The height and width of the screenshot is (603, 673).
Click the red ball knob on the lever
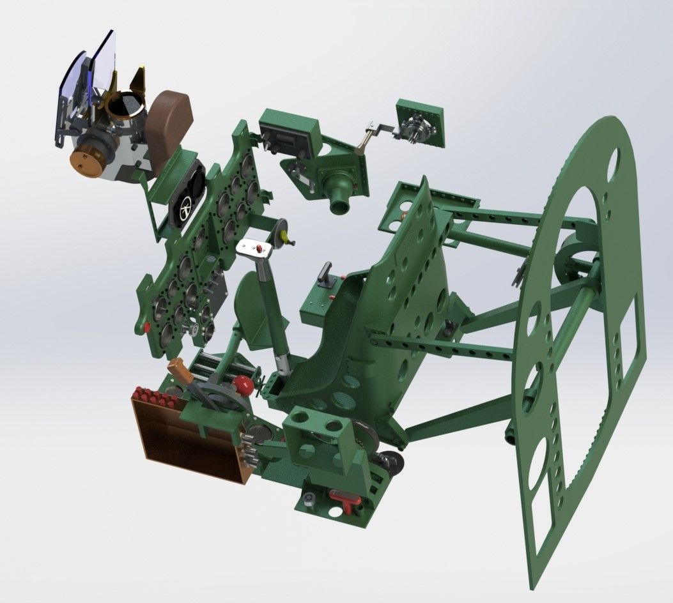point(242,385)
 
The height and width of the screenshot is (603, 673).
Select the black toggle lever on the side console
point(327,272)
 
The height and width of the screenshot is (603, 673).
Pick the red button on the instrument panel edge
point(147,327)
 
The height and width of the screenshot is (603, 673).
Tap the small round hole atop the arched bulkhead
point(615,157)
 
